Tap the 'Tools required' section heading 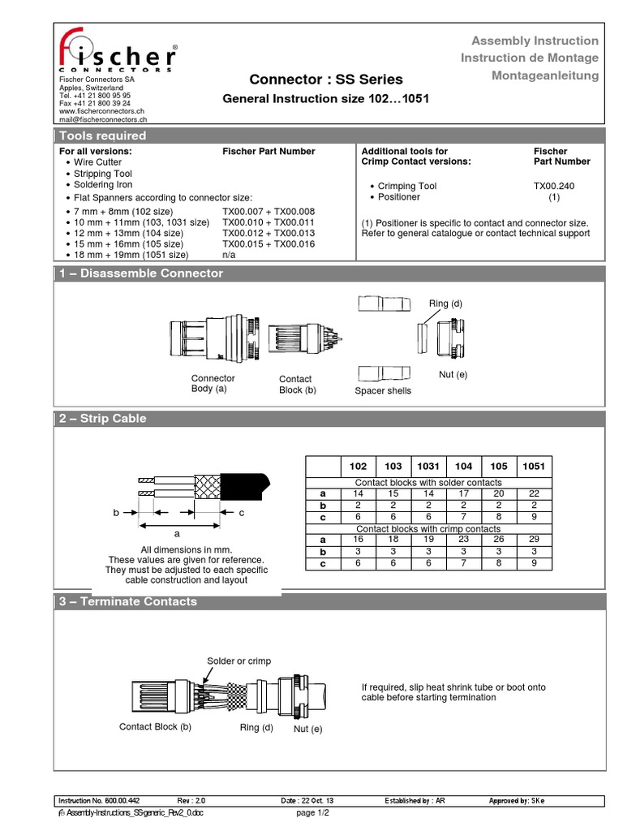103,136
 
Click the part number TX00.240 554,186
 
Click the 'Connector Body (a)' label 213,384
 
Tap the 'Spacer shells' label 383,390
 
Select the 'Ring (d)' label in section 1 445,304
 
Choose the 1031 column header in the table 428,467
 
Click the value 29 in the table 534,539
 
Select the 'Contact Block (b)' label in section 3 155,726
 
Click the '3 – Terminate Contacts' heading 128,601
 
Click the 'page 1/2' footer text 313,812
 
